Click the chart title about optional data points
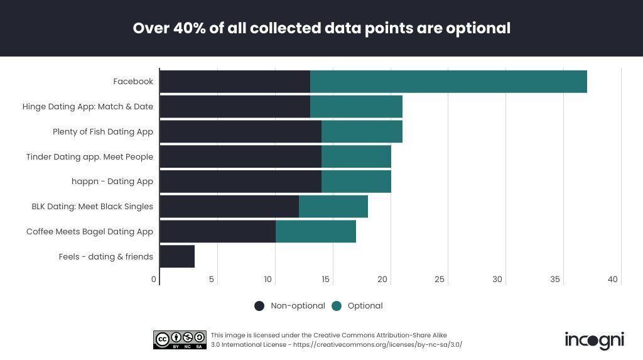[x=321, y=28]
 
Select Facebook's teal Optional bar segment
[x=448, y=82]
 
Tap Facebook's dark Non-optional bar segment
[x=235, y=82]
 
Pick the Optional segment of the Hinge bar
[x=356, y=107]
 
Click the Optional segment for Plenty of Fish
[x=362, y=132]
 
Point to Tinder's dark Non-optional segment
[x=240, y=156]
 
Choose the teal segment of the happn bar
[x=356, y=182]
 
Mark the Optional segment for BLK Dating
[x=333, y=207]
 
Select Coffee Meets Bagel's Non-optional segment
[x=217, y=231]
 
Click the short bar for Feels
[x=177, y=256]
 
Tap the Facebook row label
[x=133, y=82]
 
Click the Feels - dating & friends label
[x=106, y=256]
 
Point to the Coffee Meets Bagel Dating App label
[x=90, y=231]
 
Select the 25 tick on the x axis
[x=440, y=280]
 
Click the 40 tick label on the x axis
[x=613, y=280]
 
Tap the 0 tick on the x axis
[x=154, y=280]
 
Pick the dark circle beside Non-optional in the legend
[x=259, y=306]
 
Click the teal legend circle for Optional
[x=337, y=306]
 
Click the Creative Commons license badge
[x=180, y=340]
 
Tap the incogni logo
[x=594, y=340]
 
